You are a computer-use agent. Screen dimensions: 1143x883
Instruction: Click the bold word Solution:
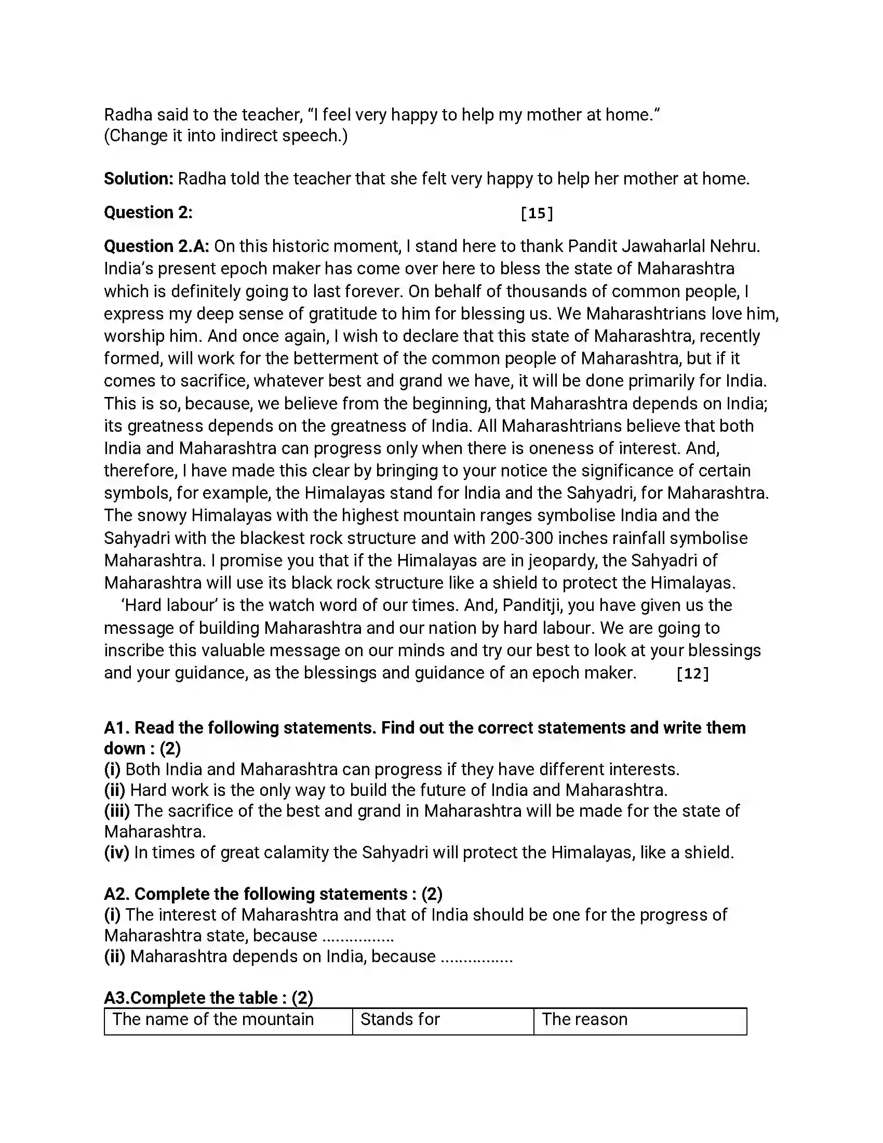coord(138,179)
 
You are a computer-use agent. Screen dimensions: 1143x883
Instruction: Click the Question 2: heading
coord(148,212)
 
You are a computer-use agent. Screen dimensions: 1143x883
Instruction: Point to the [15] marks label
coord(537,214)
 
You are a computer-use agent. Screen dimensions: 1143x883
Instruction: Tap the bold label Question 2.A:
coord(156,246)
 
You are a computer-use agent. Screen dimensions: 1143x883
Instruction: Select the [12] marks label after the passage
coord(692,673)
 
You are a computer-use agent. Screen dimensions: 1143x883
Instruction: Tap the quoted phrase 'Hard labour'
coord(169,605)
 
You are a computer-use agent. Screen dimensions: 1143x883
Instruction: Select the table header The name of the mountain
coord(213,1019)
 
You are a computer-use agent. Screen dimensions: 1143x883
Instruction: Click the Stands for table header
coord(400,1019)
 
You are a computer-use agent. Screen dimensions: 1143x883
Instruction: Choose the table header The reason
coord(584,1019)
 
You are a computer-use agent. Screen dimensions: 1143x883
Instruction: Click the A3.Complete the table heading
coord(208,998)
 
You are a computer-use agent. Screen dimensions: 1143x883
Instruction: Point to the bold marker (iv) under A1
coord(117,853)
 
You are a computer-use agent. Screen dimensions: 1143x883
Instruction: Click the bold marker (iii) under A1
coord(117,810)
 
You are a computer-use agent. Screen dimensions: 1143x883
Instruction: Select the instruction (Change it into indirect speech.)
coord(225,136)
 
